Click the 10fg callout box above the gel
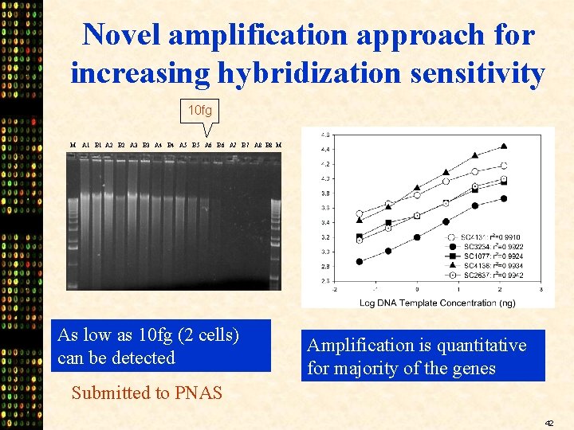[206, 109]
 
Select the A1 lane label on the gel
[86, 146]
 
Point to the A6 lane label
[208, 146]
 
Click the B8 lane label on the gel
[269, 146]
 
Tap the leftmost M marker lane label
[73, 146]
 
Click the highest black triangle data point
[504, 147]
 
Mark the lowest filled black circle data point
[360, 261]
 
